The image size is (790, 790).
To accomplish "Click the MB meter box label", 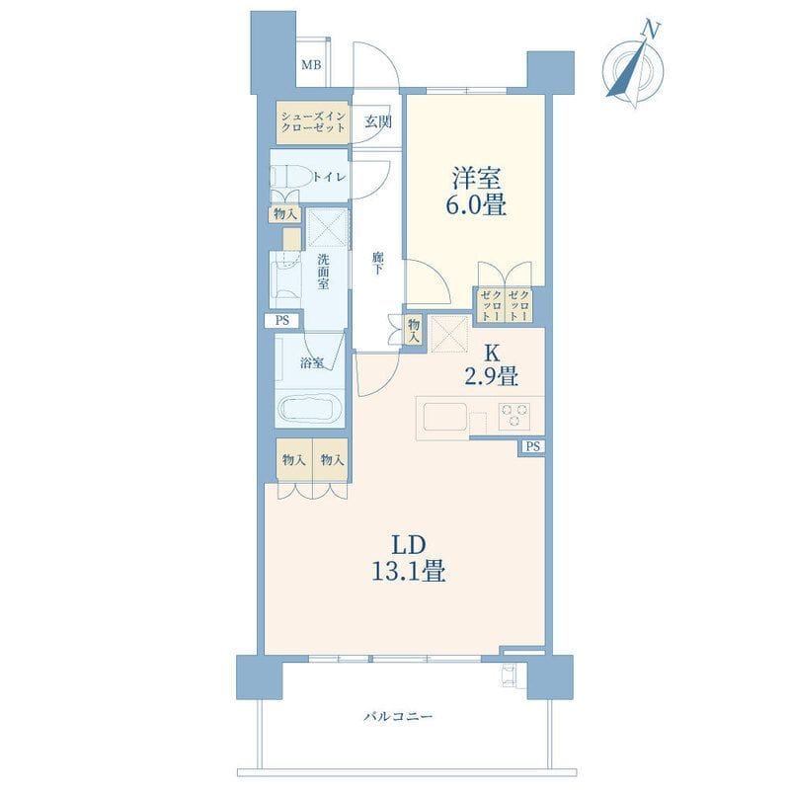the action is coord(311,65).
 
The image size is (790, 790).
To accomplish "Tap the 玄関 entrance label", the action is coord(378,121).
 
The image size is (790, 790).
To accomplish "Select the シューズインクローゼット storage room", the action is coord(312,122).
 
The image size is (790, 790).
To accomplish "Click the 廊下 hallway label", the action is coord(378,263).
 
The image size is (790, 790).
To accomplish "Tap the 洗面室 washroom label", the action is coord(323,273).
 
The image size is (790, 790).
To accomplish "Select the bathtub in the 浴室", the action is coord(310,410).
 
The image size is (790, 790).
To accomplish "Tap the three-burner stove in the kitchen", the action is coord(514,416).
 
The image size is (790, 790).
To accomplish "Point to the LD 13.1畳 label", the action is coord(408,558).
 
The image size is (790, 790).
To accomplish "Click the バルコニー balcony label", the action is coord(398,716).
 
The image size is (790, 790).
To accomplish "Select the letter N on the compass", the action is coord(651,30).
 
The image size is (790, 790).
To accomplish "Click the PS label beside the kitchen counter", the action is coord(533,446).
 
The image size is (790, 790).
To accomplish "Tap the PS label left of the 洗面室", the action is coord(282,320).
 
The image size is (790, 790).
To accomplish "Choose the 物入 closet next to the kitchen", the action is coord(414,331).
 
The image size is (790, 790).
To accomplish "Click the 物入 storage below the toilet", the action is coord(285,214).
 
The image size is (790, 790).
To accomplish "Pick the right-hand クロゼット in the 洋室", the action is coord(518,305).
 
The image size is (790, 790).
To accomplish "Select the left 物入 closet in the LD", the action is coord(294,460).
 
